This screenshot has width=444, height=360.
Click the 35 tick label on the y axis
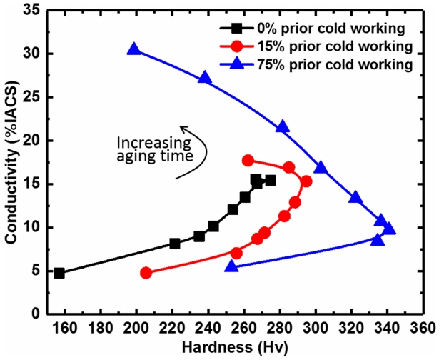(33, 10)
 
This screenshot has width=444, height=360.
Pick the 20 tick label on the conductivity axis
(33, 141)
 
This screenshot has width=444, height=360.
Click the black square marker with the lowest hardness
(59, 273)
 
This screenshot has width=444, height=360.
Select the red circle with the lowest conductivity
(146, 273)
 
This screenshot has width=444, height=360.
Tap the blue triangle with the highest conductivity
(133, 49)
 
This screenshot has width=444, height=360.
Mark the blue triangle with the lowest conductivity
(231, 266)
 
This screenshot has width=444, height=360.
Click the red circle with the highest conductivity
(248, 161)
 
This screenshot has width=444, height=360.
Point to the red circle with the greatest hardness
(306, 181)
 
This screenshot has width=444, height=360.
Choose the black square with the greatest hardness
(270, 181)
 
